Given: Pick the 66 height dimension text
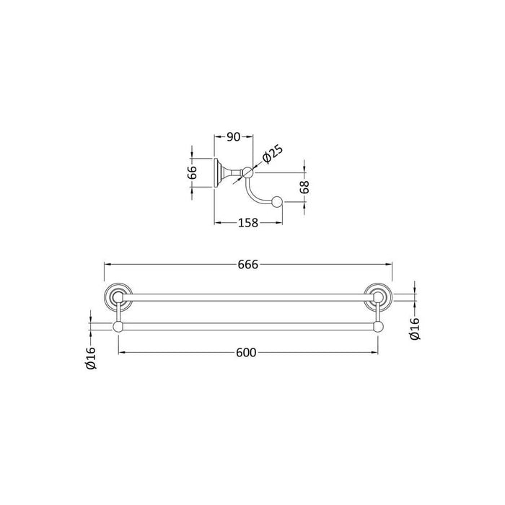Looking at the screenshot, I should click(x=193, y=172).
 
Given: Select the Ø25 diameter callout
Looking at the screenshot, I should click(x=271, y=154).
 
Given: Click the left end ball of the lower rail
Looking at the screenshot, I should click(x=118, y=328).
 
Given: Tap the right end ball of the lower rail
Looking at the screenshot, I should click(x=376, y=328).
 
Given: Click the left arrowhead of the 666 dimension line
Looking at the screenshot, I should click(x=107, y=265).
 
